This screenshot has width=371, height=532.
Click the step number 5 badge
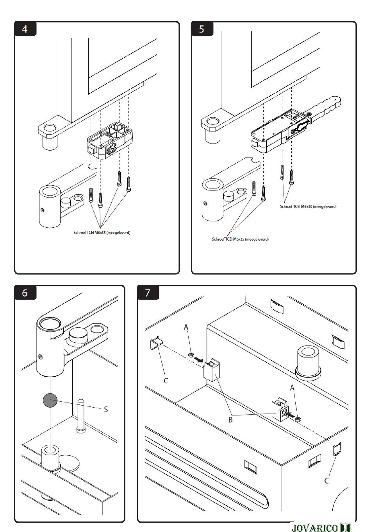pos(202,29)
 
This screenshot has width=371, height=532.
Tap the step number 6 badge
pos(25,293)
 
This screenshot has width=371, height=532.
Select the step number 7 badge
pos(148,293)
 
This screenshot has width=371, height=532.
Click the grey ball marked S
pos(50,400)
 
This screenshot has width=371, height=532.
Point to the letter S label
pos(105,409)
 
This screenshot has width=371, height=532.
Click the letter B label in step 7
pos(230,420)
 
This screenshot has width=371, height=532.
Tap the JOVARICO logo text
pos(314,528)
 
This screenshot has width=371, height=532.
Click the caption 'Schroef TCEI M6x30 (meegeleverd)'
pos(308,206)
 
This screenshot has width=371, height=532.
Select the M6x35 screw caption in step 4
pos(102,233)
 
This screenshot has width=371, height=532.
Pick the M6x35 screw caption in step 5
pos(240,239)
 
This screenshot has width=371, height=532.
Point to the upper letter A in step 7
pos(186,327)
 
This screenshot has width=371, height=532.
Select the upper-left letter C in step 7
pos(166,380)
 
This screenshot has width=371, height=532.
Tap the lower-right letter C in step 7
pos(327,480)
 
